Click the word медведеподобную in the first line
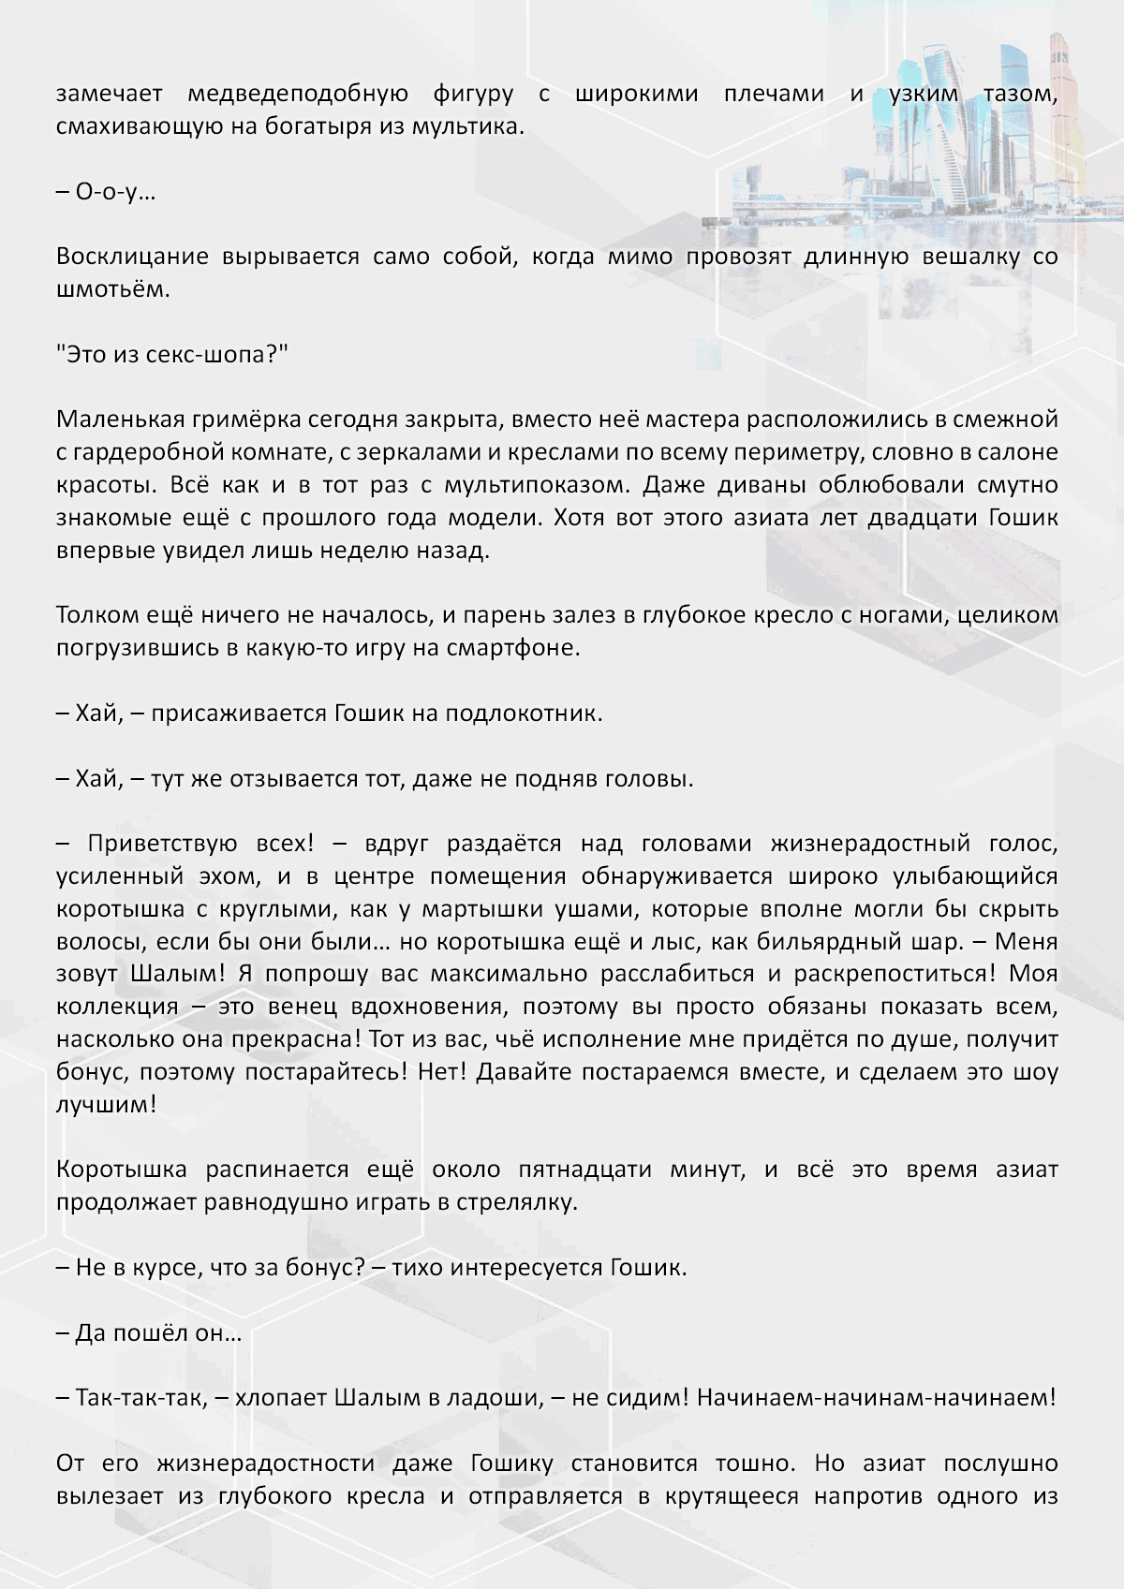tap(298, 94)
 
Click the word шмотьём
tap(113, 289)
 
